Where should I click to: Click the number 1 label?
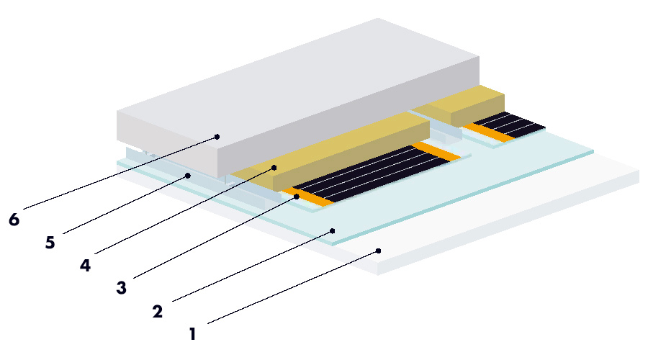[192, 334]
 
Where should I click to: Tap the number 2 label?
[157, 311]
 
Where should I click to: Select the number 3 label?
[121, 288]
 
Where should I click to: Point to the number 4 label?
[85, 265]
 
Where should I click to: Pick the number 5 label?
[50, 242]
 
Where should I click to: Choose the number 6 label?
[14, 220]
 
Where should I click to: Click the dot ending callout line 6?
[217, 137]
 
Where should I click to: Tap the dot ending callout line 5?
[188, 176]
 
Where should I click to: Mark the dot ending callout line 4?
[274, 167]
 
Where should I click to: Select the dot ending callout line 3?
[297, 197]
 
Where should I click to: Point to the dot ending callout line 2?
[333, 231]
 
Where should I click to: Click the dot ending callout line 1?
[378, 251]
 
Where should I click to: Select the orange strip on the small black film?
[484, 132]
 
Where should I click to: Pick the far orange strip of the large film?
[436, 151]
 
